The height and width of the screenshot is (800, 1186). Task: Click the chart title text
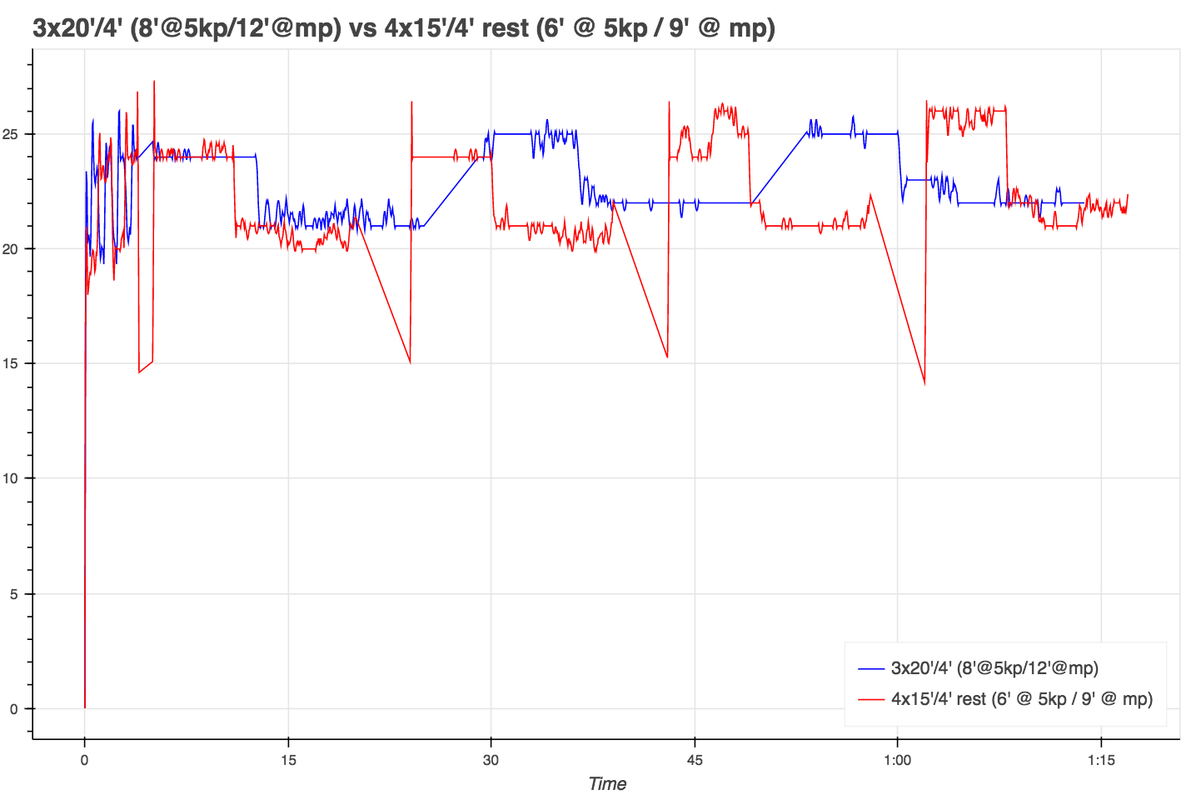[404, 28]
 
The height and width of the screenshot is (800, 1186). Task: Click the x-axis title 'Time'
[607, 783]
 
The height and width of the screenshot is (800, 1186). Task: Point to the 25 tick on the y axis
[15, 134]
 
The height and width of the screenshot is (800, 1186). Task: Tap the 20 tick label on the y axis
[15, 249]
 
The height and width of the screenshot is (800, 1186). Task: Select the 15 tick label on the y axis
[15, 364]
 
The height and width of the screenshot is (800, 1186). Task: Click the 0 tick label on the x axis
[84, 759]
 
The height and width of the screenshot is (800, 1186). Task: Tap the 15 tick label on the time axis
[288, 759]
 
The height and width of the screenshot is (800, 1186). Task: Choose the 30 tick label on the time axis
[491, 759]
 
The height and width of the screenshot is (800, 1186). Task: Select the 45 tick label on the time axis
[695, 759]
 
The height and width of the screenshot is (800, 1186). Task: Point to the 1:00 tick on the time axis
[897, 759]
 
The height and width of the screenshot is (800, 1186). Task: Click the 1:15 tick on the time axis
[1101, 759]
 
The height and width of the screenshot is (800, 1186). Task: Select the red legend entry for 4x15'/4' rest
[1022, 699]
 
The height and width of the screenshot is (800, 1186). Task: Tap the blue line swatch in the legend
[870, 668]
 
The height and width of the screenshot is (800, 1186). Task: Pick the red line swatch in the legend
[870, 699]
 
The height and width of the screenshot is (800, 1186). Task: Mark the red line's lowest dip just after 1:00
[924, 384]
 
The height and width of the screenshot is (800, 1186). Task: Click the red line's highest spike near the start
[154, 82]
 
